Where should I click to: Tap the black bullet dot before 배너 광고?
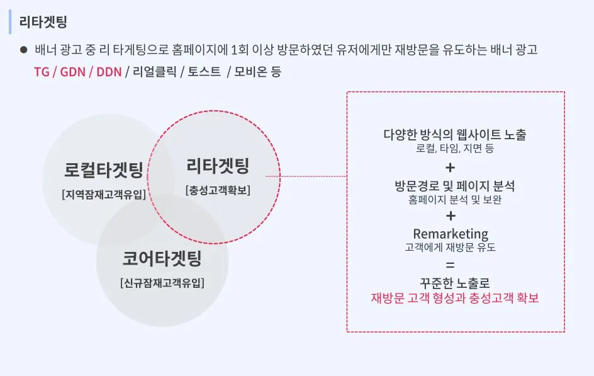pyautogui.click(x=23, y=49)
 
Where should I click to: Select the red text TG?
pyautogui.click(x=42, y=72)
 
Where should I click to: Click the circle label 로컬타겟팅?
pyautogui.click(x=104, y=169)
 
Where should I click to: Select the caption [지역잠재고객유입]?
pyautogui.click(x=104, y=194)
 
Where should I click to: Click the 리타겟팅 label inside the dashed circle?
pyautogui.click(x=218, y=166)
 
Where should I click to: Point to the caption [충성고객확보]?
pyautogui.click(x=218, y=190)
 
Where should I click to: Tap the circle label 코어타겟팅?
pyautogui.click(x=162, y=258)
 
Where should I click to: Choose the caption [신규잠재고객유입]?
pyautogui.click(x=162, y=283)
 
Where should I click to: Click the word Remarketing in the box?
pyautogui.click(x=451, y=234)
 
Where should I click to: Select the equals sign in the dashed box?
pyautogui.click(x=450, y=264)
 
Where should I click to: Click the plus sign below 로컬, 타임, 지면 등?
pyautogui.click(x=450, y=168)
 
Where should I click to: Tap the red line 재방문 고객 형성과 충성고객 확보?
pyautogui.click(x=455, y=298)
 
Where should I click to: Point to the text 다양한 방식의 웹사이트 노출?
pyautogui.click(x=455, y=135)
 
